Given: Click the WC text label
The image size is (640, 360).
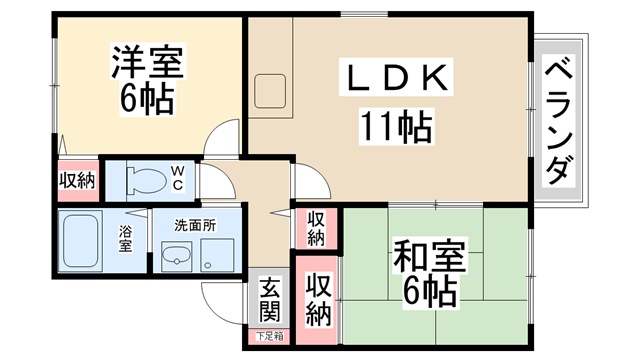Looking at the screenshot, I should click(x=176, y=179).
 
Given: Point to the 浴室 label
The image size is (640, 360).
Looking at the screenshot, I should click(x=126, y=240).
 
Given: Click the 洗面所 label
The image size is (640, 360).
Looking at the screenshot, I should click(x=195, y=225).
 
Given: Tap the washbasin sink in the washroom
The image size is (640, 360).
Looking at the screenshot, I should click(x=177, y=258).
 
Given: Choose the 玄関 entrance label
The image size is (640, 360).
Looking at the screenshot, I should click(x=270, y=300).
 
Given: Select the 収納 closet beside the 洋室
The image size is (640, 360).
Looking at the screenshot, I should click(x=77, y=182).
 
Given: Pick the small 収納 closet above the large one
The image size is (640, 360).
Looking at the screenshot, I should click(x=316, y=228).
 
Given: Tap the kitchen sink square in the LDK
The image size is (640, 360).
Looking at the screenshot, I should click(x=270, y=92).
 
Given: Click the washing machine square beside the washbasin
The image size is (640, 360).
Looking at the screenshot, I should click(x=217, y=257).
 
